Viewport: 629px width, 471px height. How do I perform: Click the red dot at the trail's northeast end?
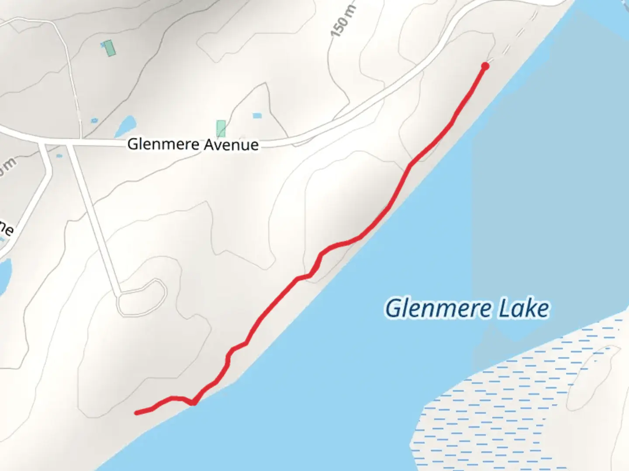[x=485, y=66]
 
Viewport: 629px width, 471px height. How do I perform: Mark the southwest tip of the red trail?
[x=137, y=413]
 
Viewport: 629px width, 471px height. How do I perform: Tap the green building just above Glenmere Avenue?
[x=221, y=129]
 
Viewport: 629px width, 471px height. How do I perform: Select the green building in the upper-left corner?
[x=109, y=48]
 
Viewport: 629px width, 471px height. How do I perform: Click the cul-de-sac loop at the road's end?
[x=142, y=297]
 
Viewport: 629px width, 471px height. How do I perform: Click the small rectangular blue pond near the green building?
[x=257, y=116]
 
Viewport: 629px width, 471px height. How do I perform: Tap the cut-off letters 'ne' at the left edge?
[x=6, y=229]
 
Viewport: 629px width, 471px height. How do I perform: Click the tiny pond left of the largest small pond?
[x=94, y=120]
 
